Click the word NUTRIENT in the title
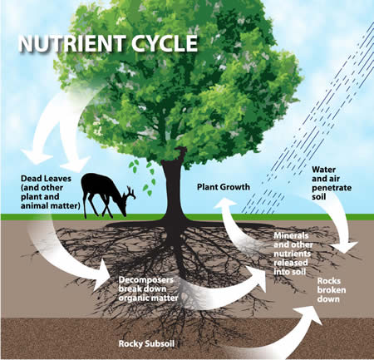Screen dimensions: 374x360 pyautogui.click(x=72, y=43)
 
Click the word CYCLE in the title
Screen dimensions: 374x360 pyautogui.click(x=165, y=43)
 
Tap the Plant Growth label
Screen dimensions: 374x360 pyautogui.click(x=224, y=187)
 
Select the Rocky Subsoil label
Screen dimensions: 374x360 pyautogui.click(x=146, y=343)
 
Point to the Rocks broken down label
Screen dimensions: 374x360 pyautogui.click(x=332, y=290)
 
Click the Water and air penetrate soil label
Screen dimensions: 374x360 pyautogui.click(x=332, y=183)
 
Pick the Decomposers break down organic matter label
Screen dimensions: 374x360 pyautogui.click(x=148, y=288)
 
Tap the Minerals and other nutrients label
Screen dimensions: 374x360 pyautogui.click(x=293, y=254)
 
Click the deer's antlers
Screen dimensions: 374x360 pyautogui.click(x=130, y=192)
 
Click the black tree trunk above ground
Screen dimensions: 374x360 pyautogui.click(x=173, y=189)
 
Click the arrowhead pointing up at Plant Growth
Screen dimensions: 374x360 pyautogui.click(x=224, y=205)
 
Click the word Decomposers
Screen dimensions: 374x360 pyautogui.click(x=146, y=279)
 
